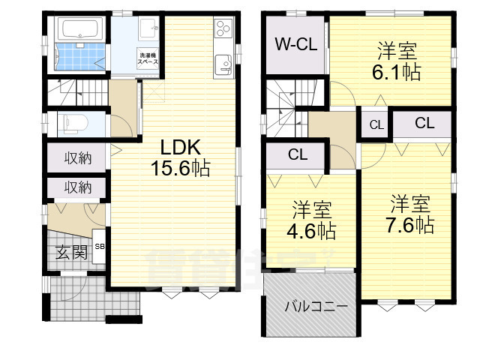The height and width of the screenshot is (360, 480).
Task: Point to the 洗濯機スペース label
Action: coord(147,58)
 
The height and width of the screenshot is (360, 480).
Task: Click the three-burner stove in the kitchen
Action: coord(223,28)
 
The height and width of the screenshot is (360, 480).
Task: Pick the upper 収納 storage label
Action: coord(77,158)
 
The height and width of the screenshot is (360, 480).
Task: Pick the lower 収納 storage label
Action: coord(77,187)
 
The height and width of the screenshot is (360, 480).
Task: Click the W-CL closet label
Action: coord(295,43)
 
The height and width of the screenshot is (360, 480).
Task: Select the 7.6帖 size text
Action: coord(410,225)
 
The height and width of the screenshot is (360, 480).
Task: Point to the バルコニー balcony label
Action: coord(315,307)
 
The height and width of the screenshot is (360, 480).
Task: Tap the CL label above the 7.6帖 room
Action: coord(424,123)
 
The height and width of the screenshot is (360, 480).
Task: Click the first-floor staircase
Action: coord(75,95)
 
